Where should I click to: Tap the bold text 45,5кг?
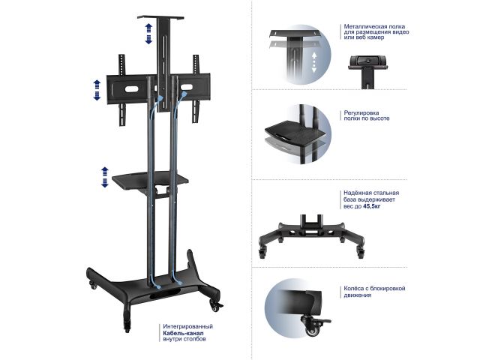tap(372, 206)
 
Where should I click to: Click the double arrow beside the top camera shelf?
tap(148, 34)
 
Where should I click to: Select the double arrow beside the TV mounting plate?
tap(97, 90)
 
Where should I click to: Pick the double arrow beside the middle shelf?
tap(105, 177)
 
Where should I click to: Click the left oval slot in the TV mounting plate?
tap(132, 89)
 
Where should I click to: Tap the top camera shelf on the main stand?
tap(160, 17)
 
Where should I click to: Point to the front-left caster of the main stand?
tap(127, 325)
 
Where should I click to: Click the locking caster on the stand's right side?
tap(215, 305)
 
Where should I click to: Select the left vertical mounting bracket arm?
tap(121, 90)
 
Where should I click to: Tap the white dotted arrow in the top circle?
tap(313, 62)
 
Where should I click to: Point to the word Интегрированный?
tap(188, 327)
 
